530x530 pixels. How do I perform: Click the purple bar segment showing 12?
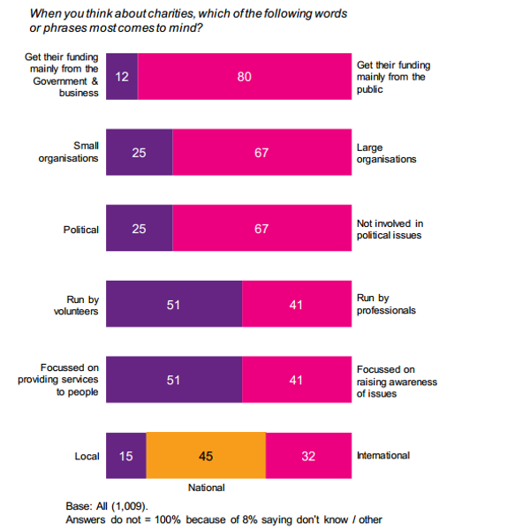(x=122, y=77)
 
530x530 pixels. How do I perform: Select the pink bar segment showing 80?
(x=244, y=77)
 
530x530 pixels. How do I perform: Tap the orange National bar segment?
(x=206, y=456)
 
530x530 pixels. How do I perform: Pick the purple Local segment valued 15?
(x=125, y=456)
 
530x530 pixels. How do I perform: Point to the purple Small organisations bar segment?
(x=139, y=153)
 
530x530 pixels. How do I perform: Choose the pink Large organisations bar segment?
(x=261, y=153)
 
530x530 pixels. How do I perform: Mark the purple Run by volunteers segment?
(x=173, y=305)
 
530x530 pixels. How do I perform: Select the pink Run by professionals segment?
(x=296, y=305)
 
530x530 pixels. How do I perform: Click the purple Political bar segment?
(x=139, y=229)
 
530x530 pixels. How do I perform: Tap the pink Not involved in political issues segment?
(x=261, y=229)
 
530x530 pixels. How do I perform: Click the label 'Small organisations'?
(x=68, y=153)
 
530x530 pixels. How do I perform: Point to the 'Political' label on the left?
(x=80, y=230)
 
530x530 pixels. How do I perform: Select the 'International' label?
(x=383, y=456)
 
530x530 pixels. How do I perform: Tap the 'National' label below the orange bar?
(x=207, y=488)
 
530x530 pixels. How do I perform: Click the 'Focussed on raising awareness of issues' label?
(x=397, y=381)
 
